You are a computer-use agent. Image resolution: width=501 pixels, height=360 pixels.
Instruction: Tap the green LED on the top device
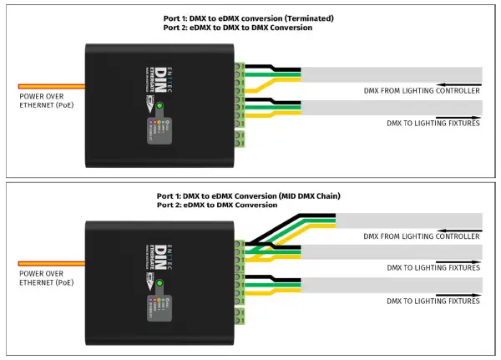159,106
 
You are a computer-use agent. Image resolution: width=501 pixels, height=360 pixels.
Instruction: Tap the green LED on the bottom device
159,284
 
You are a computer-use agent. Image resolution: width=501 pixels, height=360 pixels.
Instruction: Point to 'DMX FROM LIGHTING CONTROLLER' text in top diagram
423,90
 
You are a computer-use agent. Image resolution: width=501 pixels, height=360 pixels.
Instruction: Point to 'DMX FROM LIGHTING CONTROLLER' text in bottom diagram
423,237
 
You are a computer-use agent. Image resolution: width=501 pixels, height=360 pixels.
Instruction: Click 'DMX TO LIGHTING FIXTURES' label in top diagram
433,124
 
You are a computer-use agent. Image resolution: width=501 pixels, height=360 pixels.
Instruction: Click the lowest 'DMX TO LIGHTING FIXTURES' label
433,298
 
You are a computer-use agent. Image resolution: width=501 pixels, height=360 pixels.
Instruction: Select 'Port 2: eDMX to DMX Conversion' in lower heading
217,205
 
